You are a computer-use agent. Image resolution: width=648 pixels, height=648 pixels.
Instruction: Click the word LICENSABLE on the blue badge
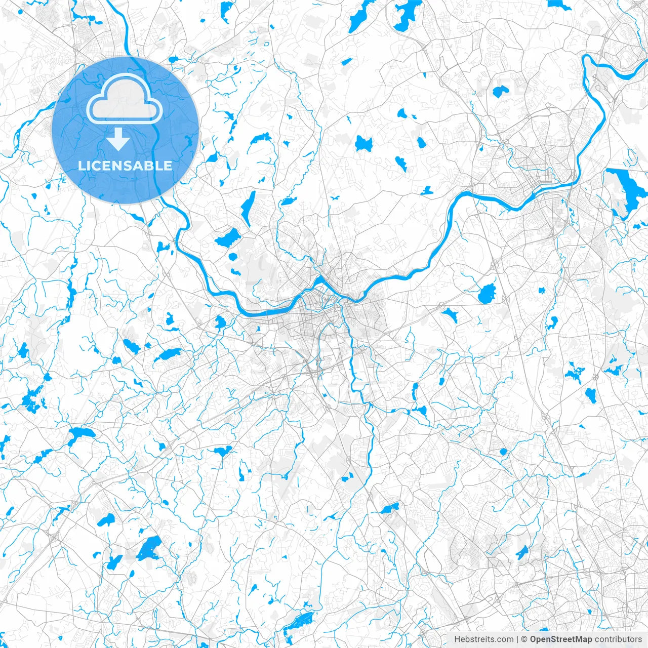click(x=125, y=166)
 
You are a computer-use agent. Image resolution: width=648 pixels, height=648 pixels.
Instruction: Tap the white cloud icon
click(x=125, y=100)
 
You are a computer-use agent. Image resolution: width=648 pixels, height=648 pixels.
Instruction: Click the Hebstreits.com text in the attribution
click(x=483, y=639)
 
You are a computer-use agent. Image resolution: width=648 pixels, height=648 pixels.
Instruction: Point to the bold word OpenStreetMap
click(x=560, y=639)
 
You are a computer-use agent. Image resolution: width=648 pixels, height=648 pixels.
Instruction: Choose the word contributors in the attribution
click(x=618, y=639)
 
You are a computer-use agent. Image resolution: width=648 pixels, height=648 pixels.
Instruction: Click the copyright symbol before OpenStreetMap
click(x=525, y=639)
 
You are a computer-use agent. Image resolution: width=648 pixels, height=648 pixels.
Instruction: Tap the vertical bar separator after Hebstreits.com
click(x=518, y=639)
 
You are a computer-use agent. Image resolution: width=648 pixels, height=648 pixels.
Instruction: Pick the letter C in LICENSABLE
click(x=100, y=166)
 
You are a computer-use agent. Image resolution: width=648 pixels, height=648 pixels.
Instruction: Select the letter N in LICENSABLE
click(x=123, y=166)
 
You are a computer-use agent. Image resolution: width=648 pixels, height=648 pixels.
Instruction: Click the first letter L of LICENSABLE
click(x=83, y=166)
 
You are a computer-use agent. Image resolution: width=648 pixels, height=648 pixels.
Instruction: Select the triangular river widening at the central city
click(x=320, y=281)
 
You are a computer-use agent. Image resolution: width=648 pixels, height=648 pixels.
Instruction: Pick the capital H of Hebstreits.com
click(x=457, y=639)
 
